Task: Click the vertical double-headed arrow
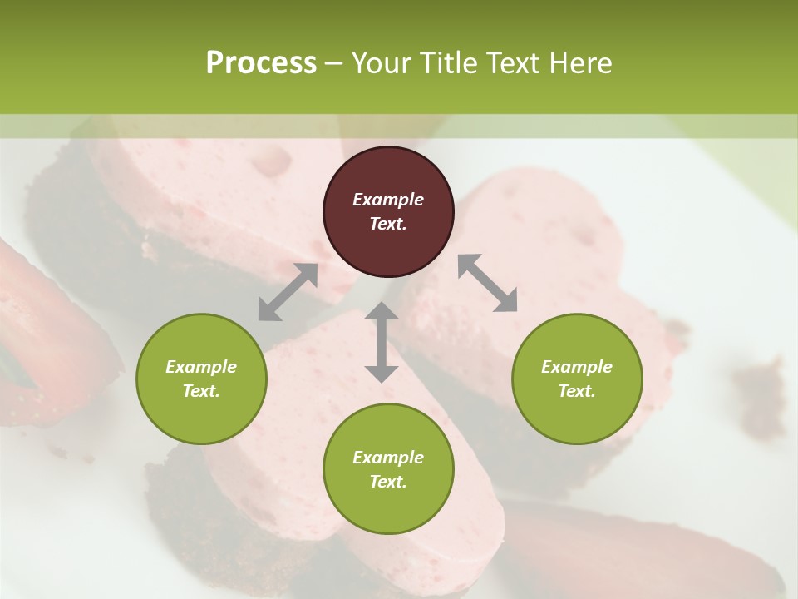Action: click(x=382, y=342)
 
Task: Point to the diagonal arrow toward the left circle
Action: click(x=288, y=292)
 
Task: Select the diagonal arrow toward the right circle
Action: click(x=487, y=283)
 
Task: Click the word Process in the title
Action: click(x=261, y=62)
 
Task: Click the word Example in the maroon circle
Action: click(x=388, y=200)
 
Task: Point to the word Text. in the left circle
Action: click(x=201, y=391)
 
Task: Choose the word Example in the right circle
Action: click(x=577, y=367)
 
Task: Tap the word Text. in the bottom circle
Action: click(x=388, y=482)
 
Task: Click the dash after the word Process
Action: click(x=333, y=63)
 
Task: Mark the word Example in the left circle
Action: click(x=201, y=367)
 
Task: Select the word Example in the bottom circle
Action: click(x=388, y=458)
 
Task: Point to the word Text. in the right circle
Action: click(x=577, y=391)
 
